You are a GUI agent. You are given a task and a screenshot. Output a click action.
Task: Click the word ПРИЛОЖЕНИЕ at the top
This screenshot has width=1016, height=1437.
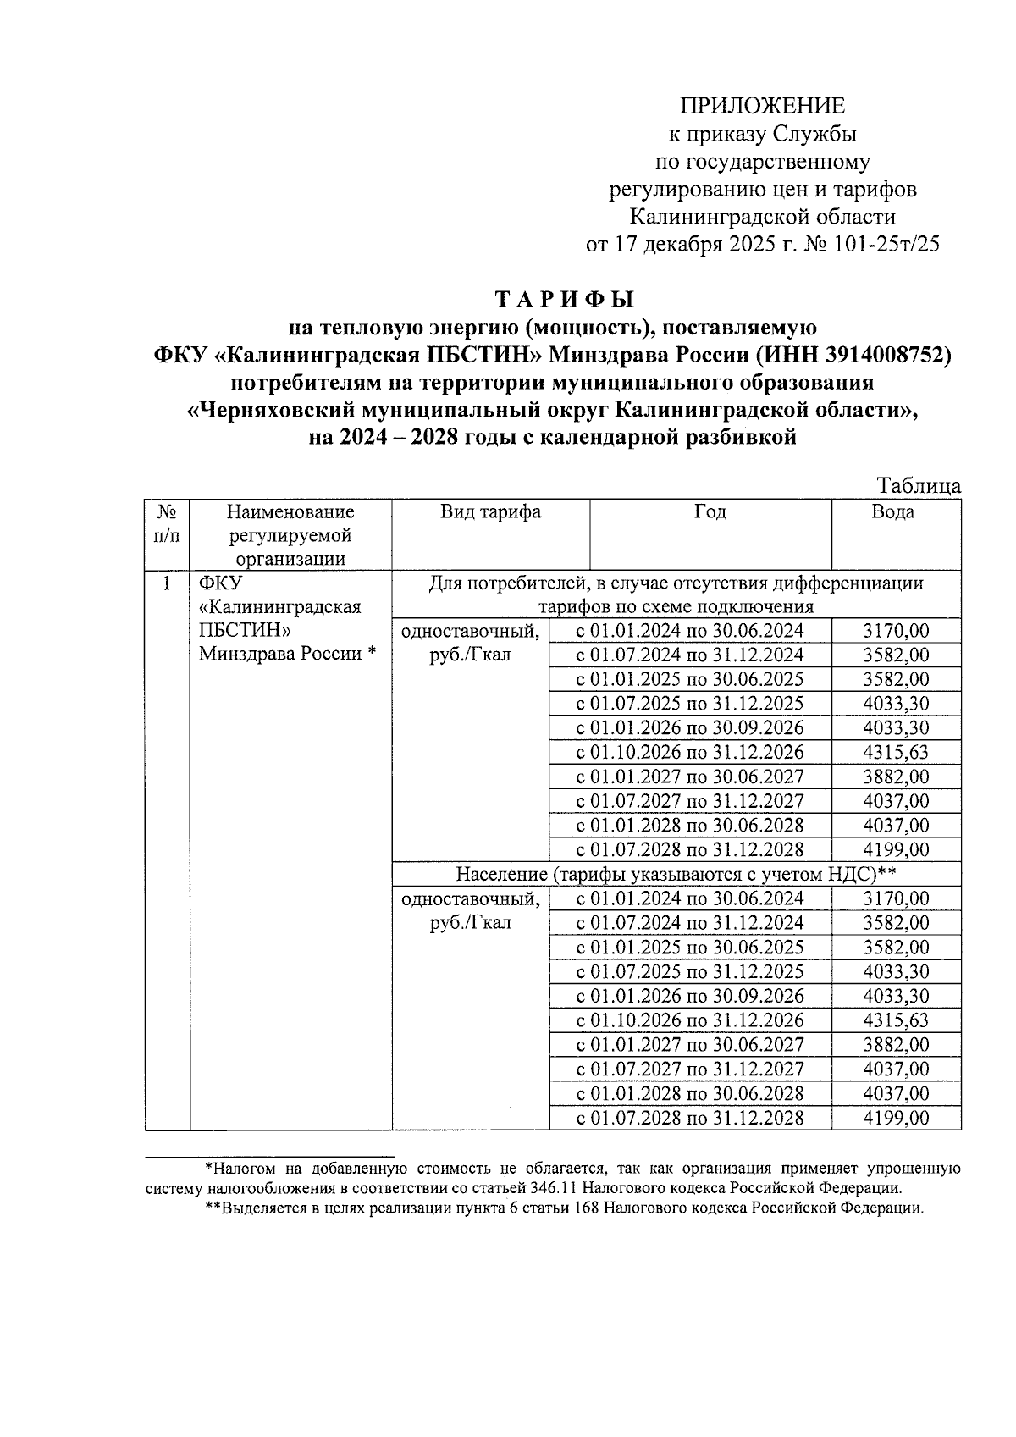coord(763,107)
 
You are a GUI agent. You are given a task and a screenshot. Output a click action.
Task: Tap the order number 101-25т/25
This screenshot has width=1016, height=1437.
coord(888,244)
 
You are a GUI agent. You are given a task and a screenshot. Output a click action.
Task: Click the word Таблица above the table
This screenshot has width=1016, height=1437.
coord(919,486)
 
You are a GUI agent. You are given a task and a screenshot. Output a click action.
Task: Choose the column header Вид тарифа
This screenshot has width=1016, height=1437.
coord(490,512)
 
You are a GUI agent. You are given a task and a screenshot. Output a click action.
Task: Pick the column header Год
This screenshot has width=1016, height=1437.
coord(710,512)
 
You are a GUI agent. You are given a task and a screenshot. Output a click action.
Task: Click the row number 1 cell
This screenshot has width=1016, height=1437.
coord(167,583)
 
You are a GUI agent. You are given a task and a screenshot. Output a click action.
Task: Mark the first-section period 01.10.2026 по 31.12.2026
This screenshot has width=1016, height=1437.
coord(690,753)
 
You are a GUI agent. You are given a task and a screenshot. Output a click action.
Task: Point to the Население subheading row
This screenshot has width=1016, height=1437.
coord(676,874)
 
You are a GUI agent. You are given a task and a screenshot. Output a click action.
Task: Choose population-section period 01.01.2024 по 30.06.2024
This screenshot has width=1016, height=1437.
coord(690,899)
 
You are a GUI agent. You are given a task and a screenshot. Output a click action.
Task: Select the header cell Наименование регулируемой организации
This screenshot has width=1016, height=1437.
coord(290,535)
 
